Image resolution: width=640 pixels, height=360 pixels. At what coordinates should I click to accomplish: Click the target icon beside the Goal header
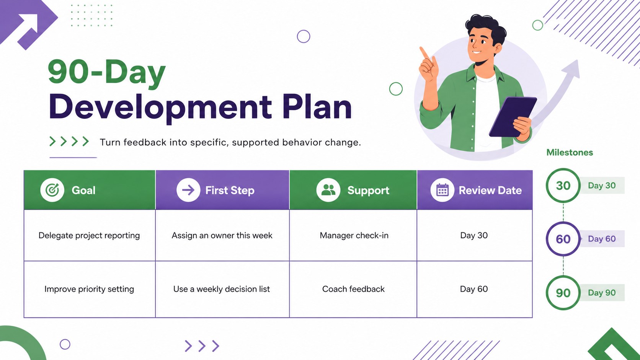pyautogui.click(x=52, y=190)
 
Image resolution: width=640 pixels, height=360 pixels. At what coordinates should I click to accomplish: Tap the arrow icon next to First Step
pyautogui.click(x=188, y=190)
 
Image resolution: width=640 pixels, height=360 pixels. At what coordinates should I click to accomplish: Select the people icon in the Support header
pyautogui.click(x=328, y=190)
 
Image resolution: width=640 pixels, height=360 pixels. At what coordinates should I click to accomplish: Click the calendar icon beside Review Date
pyautogui.click(x=442, y=190)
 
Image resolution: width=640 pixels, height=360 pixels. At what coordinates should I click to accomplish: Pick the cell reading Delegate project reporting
pyautogui.click(x=89, y=236)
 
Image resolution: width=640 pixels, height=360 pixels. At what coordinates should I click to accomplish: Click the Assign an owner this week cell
pyautogui.click(x=222, y=236)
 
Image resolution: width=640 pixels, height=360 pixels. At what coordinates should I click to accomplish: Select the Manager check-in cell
pyautogui.click(x=354, y=236)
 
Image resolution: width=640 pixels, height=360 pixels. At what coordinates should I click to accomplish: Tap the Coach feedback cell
pyautogui.click(x=353, y=289)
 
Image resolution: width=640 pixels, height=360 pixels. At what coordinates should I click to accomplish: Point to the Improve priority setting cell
pyautogui.click(x=89, y=289)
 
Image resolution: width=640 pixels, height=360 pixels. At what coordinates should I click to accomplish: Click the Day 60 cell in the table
pyautogui.click(x=474, y=289)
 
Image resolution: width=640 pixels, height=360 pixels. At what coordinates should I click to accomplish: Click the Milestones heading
pyautogui.click(x=570, y=152)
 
